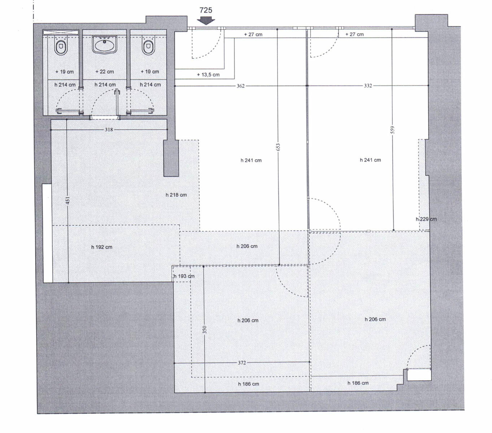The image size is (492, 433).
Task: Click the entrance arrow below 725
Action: pos(206,21)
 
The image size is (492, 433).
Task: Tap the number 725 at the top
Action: pos(206,10)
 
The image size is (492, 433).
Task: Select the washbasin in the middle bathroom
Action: pos(105,44)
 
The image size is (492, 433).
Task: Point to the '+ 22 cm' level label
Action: pos(104,71)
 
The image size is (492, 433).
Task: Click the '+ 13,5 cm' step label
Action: pos(208,75)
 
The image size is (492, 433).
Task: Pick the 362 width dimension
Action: pos(240,86)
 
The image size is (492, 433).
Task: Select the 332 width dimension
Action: pos(368,86)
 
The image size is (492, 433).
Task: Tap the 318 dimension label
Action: pos(109,130)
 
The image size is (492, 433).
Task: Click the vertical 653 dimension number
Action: pos(278,147)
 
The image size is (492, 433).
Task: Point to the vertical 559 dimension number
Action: pos(393,130)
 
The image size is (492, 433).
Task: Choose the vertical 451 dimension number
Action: pos(68,200)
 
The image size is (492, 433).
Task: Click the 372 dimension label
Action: pos(241,363)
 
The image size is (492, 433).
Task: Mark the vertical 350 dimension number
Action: pos(204,329)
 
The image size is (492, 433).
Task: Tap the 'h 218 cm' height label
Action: pos(176,195)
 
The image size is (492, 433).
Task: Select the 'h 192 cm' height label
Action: pos(102,247)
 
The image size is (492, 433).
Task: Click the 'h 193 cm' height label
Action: pos(184,276)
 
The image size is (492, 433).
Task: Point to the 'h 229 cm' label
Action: pos(426,219)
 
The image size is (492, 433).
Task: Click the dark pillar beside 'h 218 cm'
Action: pos(171,158)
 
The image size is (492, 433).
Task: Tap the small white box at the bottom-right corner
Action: pos(419,375)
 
